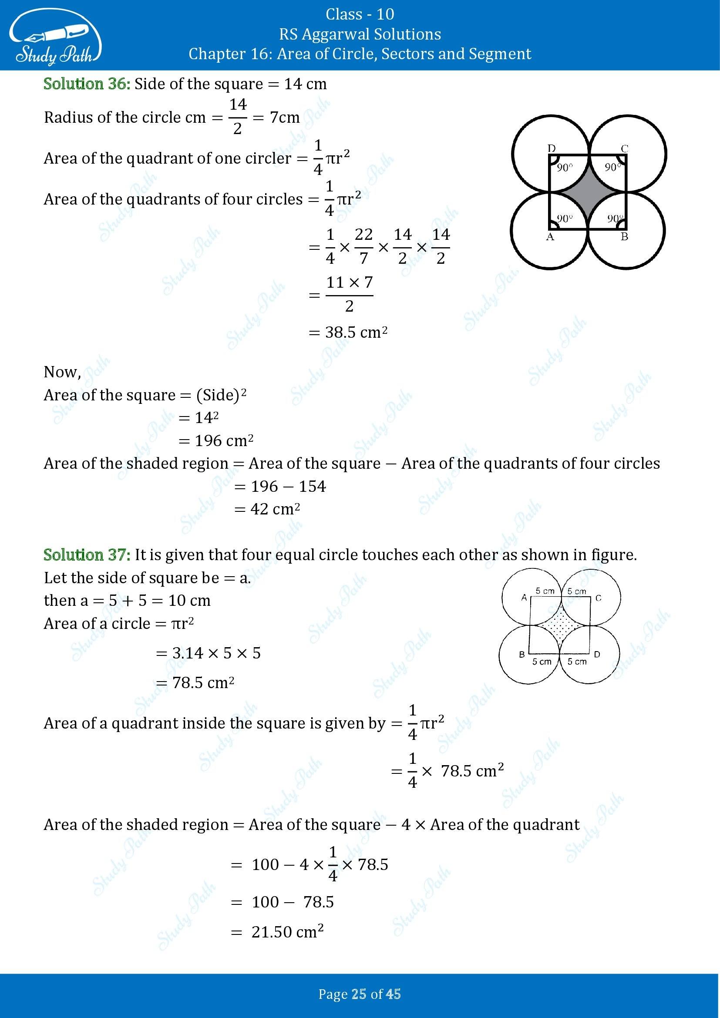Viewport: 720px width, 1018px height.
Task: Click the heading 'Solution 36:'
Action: coord(87,84)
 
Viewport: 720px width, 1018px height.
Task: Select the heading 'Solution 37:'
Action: coord(87,554)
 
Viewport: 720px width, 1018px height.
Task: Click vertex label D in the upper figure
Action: coord(552,148)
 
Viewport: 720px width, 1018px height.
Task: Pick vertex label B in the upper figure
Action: coord(624,237)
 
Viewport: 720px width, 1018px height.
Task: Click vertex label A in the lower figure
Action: coord(524,598)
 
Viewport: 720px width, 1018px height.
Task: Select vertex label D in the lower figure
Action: coord(597,655)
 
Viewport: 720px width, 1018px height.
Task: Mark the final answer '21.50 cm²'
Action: coord(287,932)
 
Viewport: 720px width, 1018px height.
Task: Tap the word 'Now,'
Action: coord(62,372)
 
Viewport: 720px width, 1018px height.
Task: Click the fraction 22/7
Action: coord(363,246)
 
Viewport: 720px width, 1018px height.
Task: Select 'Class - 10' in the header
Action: coord(360,14)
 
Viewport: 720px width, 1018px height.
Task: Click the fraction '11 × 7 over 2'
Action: coord(350,293)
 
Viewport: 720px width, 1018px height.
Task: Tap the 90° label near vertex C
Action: coord(613,168)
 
